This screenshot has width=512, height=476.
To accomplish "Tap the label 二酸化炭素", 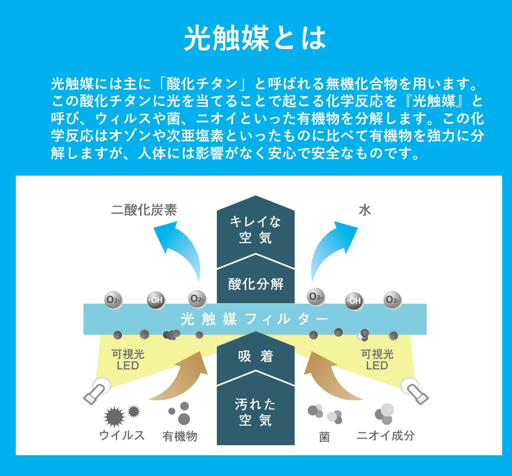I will (144, 210).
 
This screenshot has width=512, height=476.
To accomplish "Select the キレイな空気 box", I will (255, 229).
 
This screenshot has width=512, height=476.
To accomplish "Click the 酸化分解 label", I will (256, 284).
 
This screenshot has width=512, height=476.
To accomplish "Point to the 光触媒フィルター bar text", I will (255, 319).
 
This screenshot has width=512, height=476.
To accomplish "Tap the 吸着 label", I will (255, 356).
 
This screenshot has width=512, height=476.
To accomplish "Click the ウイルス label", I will (122, 435).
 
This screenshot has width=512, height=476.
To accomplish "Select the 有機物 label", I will (179, 436).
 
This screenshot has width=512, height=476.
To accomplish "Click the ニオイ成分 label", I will (385, 435).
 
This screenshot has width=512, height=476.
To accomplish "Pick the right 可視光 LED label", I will (377, 360).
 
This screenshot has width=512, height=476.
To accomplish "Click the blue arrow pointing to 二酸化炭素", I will (179, 249).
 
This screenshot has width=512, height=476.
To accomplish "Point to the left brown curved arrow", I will (183, 380).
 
